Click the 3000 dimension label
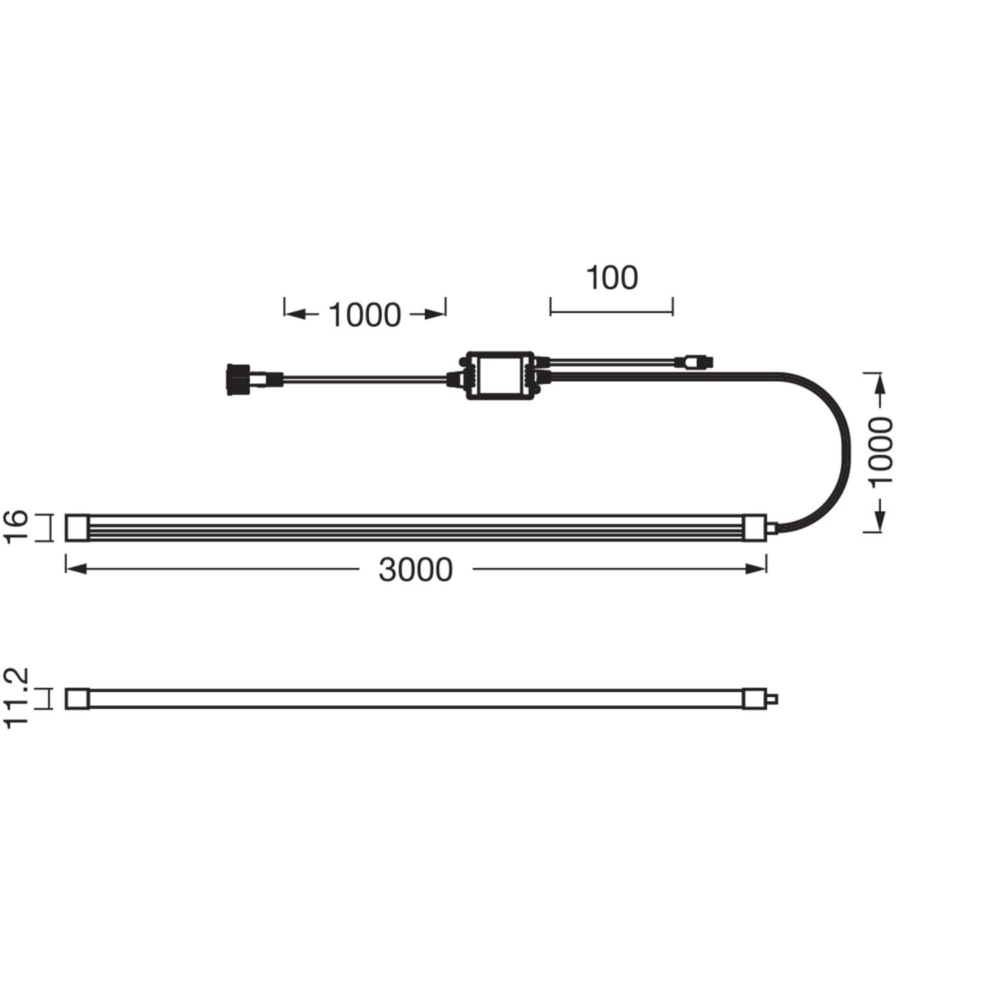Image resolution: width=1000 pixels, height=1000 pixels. (415, 570)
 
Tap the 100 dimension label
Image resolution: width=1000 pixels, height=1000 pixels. (611, 277)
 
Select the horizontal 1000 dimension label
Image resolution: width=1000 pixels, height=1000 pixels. (365, 315)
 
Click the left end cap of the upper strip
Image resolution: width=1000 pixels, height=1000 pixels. (77, 527)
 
